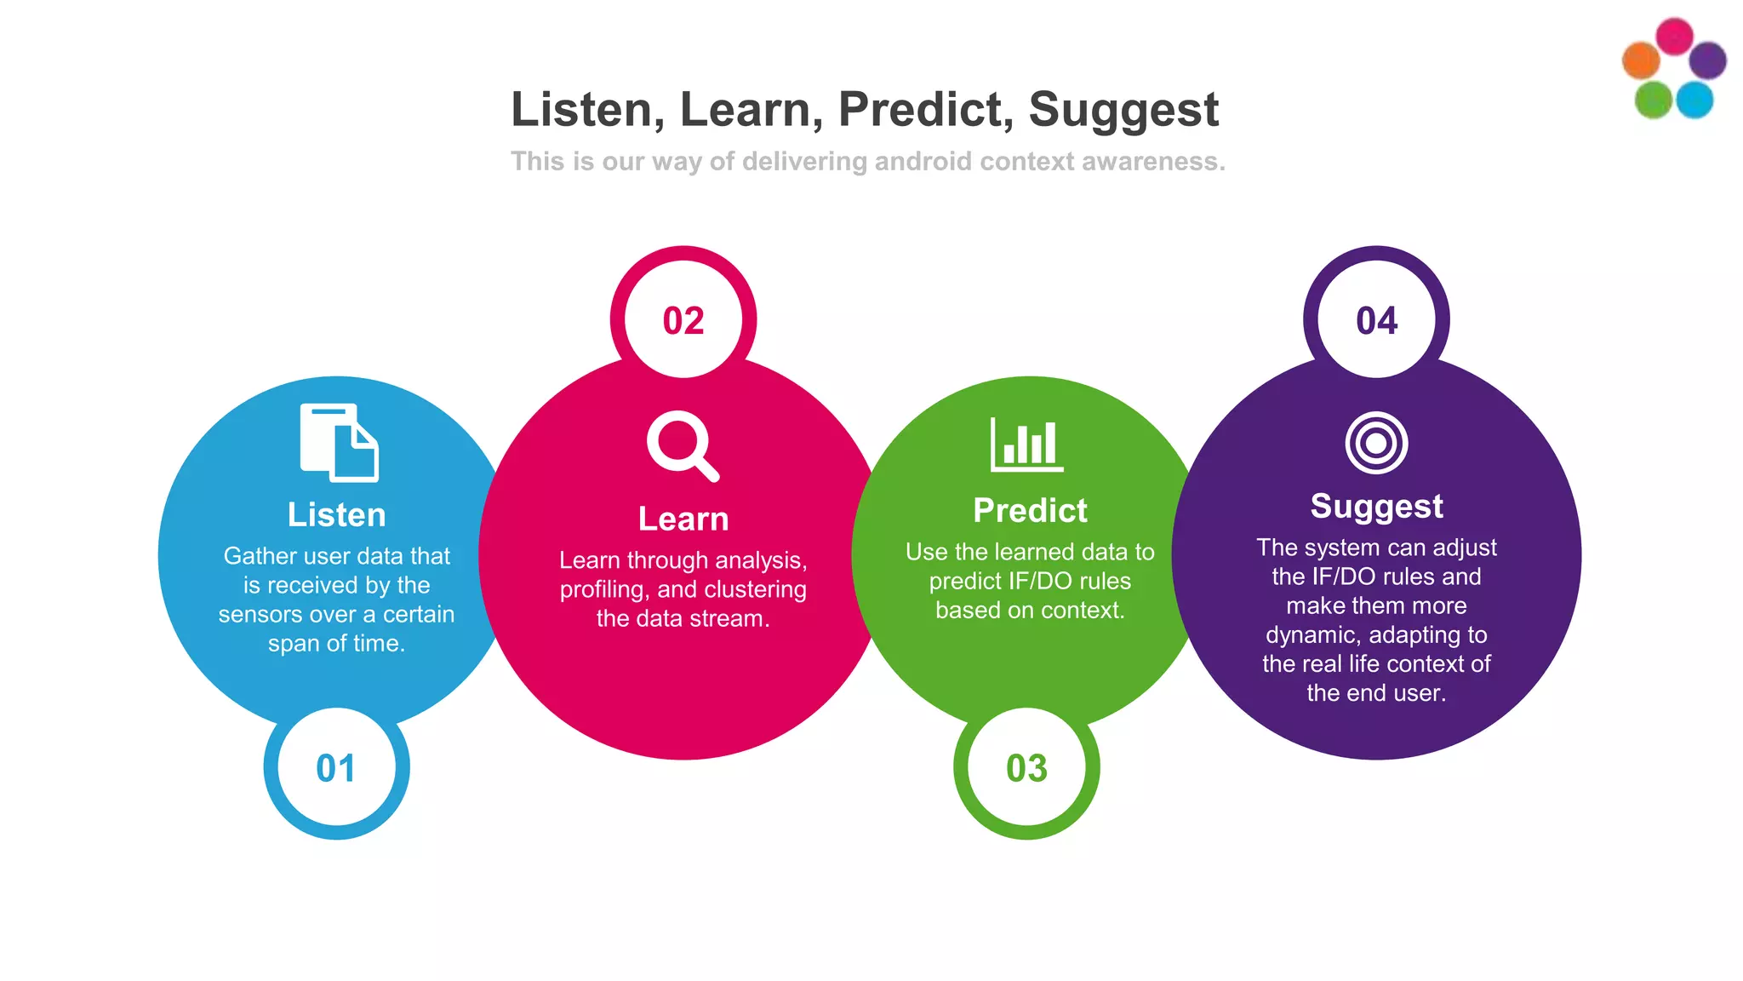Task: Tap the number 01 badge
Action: (336, 768)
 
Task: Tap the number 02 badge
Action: (683, 321)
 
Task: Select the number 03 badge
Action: (1026, 768)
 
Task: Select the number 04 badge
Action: (1376, 321)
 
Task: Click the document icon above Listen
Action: (339, 443)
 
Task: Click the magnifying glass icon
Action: (683, 445)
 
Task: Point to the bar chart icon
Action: (1027, 444)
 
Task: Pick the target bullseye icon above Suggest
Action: (1376, 443)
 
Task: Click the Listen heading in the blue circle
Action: (336, 514)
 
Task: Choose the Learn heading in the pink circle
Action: (683, 519)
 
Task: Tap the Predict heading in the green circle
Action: (1030, 510)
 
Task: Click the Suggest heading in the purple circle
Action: (1376, 506)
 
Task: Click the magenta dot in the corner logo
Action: (1674, 37)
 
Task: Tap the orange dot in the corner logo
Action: (1641, 60)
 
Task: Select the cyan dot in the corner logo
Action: (1694, 100)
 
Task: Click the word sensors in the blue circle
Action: (254, 614)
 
